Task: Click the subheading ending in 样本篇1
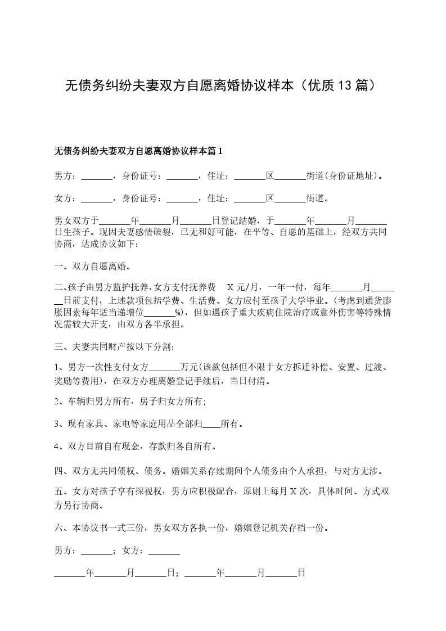[138, 151]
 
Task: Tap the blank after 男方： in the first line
[97, 176]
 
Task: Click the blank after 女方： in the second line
[97, 199]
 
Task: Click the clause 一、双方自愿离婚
[93, 267]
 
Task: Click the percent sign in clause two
[178, 313]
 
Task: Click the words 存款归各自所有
[182, 447]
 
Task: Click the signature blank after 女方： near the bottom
[164, 552]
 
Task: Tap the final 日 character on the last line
[301, 574]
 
